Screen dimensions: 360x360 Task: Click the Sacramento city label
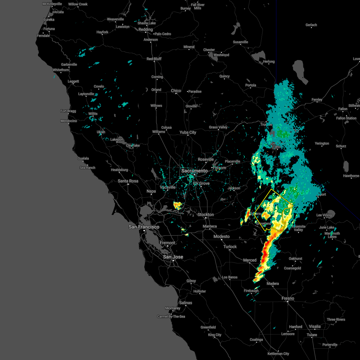click(x=194, y=171)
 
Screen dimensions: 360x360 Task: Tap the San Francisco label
click(x=144, y=227)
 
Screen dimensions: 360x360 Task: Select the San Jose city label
click(x=173, y=257)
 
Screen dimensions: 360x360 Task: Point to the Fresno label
click(x=288, y=298)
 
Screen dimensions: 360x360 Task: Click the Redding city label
click(x=145, y=29)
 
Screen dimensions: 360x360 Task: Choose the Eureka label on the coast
click(x=49, y=19)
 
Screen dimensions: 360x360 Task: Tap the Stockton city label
click(x=205, y=214)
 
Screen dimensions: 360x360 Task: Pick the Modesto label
click(x=221, y=236)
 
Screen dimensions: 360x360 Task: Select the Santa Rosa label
click(x=128, y=181)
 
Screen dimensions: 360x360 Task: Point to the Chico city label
click(x=176, y=91)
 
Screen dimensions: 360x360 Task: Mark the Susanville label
click(x=240, y=42)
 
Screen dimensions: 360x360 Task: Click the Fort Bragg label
click(x=68, y=111)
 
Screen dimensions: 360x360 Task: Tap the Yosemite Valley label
click(x=298, y=228)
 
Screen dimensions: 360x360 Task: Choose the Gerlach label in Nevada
click(x=311, y=25)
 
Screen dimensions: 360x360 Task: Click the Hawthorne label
click(x=351, y=176)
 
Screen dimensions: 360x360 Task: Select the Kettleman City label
click(x=278, y=354)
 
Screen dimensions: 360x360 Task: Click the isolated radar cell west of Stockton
click(x=178, y=205)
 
